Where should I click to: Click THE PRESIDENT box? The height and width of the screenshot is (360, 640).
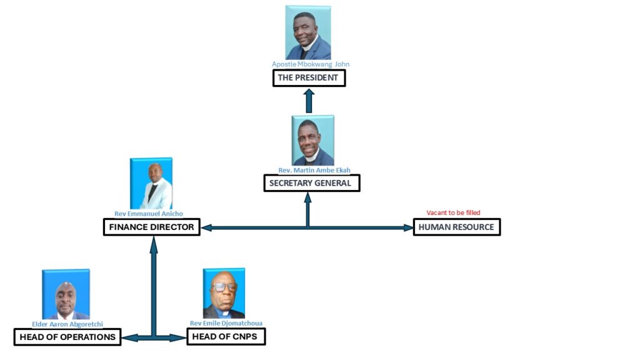(309, 78)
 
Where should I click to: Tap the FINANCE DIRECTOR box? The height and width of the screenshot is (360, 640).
(151, 227)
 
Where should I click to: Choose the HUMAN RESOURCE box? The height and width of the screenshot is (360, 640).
(457, 227)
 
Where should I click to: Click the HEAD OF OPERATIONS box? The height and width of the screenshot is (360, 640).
(67, 337)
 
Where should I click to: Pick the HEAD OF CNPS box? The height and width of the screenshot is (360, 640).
(226, 337)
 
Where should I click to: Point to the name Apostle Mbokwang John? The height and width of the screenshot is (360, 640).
(310, 64)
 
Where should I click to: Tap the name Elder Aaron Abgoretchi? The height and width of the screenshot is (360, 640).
(67, 324)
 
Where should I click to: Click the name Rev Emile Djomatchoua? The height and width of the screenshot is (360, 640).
(226, 323)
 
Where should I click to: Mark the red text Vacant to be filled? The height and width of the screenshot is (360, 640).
(453, 213)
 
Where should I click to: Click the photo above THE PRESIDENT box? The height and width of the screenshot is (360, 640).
(308, 32)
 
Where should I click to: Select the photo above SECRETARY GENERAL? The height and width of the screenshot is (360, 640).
(313, 141)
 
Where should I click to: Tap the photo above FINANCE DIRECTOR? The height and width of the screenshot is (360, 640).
(151, 183)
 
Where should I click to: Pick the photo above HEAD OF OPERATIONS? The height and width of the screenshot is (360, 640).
(66, 294)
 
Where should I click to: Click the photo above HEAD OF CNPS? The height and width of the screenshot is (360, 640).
(224, 294)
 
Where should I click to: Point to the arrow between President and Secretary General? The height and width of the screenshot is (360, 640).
(309, 101)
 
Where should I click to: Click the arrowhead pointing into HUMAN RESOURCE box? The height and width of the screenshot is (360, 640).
(408, 228)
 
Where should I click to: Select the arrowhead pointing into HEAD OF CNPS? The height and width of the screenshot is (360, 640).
(181, 338)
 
